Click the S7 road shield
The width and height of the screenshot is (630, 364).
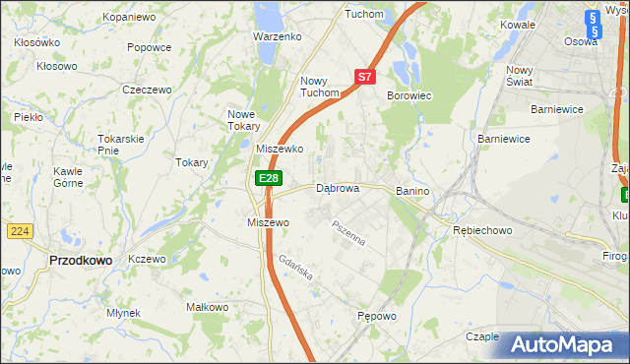364,76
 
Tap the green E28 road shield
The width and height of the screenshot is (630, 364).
269,178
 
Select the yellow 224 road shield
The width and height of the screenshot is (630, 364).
19,230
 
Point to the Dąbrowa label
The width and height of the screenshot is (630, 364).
337,188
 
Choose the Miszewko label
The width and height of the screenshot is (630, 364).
280,149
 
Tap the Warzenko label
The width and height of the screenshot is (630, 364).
277,36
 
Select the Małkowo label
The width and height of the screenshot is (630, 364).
208,308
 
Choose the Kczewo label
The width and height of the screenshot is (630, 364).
147,259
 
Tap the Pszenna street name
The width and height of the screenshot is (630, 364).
348,233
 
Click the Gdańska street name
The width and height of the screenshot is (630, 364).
294,267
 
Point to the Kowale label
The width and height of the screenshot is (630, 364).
517,24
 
